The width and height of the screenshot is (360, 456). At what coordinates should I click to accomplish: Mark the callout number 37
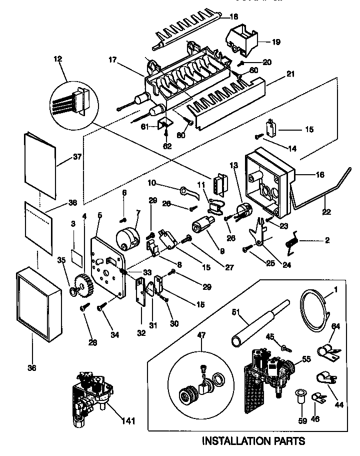[76, 157]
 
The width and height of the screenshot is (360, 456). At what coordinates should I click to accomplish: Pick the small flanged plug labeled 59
[300, 394]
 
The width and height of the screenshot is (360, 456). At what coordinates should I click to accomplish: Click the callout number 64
[335, 327]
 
